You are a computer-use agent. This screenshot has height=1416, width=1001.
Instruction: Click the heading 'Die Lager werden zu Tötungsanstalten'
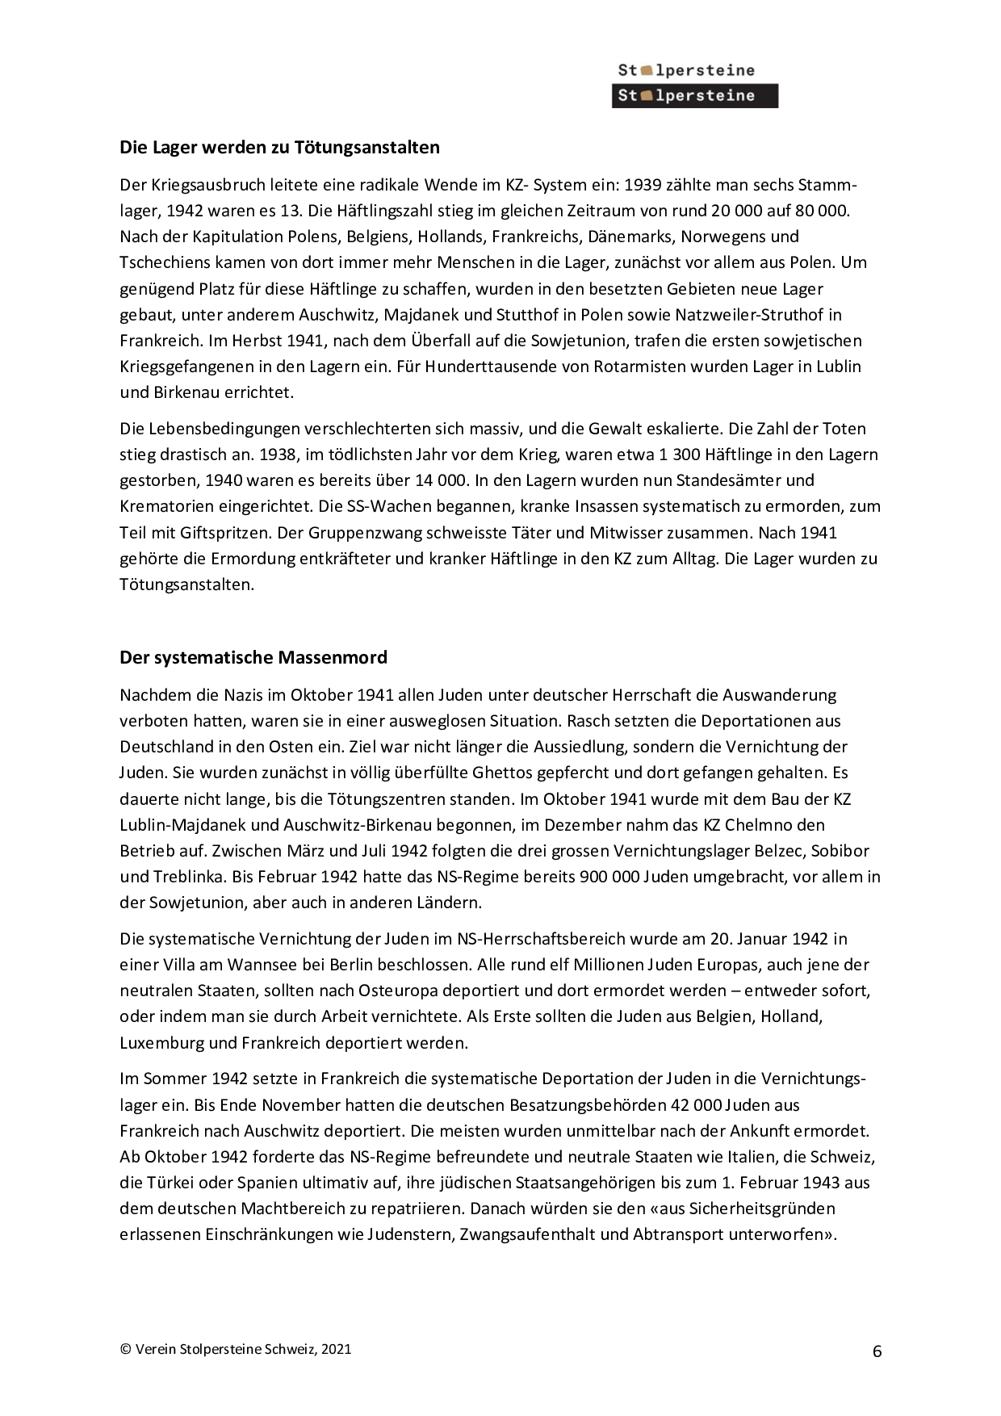279,148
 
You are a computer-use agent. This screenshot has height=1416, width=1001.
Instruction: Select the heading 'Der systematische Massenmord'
253,657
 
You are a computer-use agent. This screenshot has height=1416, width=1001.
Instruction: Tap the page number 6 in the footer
877,1351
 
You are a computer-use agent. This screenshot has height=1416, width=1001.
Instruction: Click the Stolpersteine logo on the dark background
694,96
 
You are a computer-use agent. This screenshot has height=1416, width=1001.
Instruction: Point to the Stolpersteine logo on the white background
686,70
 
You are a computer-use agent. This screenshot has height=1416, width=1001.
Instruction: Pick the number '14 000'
442,480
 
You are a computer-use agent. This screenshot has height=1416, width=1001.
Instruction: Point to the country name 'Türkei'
174,1183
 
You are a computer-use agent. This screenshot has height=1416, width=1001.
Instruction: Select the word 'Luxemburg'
161,1042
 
